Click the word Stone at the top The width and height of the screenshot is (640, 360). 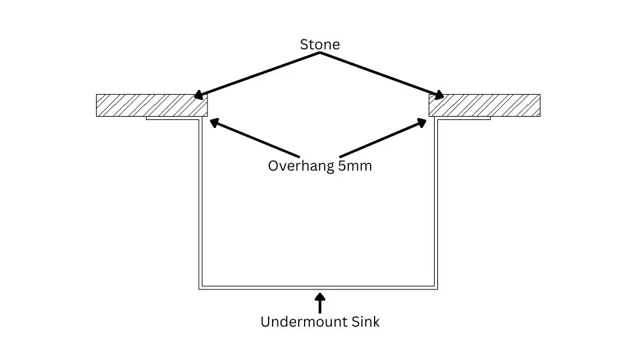(319, 45)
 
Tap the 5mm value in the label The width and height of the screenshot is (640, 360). (355, 166)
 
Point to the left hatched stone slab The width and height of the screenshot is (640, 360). (152, 105)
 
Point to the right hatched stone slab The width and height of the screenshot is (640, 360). (484, 105)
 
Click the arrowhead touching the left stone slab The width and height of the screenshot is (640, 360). (199, 96)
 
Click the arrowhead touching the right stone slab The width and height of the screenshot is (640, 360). (440, 96)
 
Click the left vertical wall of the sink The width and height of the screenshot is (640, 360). (199, 200)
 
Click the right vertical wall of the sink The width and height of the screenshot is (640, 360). (437, 200)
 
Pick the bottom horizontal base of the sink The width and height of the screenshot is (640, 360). (319, 288)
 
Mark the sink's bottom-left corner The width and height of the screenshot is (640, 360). (200, 288)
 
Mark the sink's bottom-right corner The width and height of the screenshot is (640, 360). (437, 288)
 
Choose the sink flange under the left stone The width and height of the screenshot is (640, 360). (172, 119)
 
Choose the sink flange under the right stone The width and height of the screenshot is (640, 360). (464, 119)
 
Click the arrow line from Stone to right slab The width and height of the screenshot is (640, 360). (380, 74)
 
